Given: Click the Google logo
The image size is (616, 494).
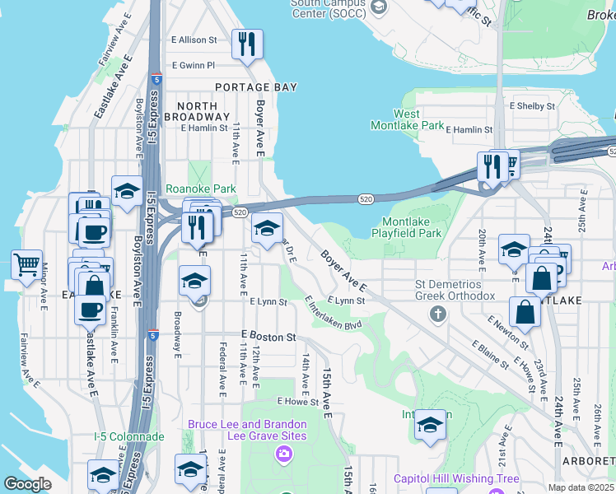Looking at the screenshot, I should pos(27,483).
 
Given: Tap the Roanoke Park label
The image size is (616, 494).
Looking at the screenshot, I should pos(201,189).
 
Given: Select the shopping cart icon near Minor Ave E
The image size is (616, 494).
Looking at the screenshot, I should pos(27,265).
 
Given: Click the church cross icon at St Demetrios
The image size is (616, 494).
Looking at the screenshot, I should pos(438,314).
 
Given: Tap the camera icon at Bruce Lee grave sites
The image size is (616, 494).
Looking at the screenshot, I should pos(284,453).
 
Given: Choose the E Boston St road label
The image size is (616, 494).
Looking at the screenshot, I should pos(268,337).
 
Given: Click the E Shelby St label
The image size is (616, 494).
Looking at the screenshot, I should pos(534,106).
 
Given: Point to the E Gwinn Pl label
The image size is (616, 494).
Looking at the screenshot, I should pos(193,65).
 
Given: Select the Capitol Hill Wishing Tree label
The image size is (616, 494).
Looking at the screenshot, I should pos(456,478).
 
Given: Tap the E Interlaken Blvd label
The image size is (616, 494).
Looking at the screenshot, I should pos(333,315).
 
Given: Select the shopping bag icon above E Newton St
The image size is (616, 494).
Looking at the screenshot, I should pos(525,312).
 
